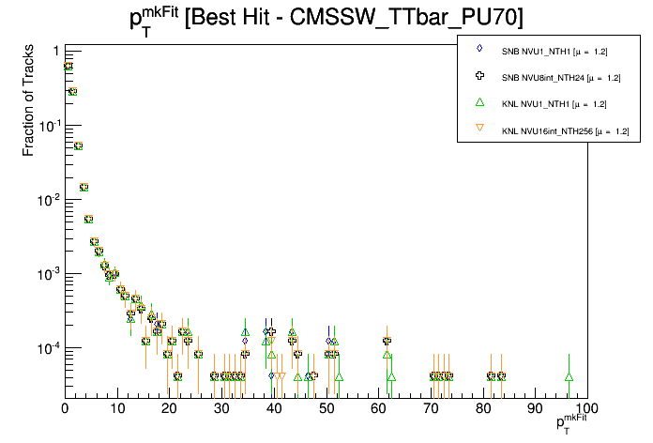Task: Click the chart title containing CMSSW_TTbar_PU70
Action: coord(326,18)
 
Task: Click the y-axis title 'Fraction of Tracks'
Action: coord(30,103)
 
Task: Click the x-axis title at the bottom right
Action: coord(573,424)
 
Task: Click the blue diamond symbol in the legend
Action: coord(480,48)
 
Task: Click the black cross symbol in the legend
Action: coord(480,75)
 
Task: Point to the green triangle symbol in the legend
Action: coord(480,102)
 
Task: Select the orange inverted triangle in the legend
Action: coord(480,130)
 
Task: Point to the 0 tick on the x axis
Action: coord(65,408)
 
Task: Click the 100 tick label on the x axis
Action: coord(585,408)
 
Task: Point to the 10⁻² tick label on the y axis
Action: coord(48,199)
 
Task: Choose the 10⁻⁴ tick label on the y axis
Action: coord(48,347)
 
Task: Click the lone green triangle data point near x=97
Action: coord(569,376)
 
